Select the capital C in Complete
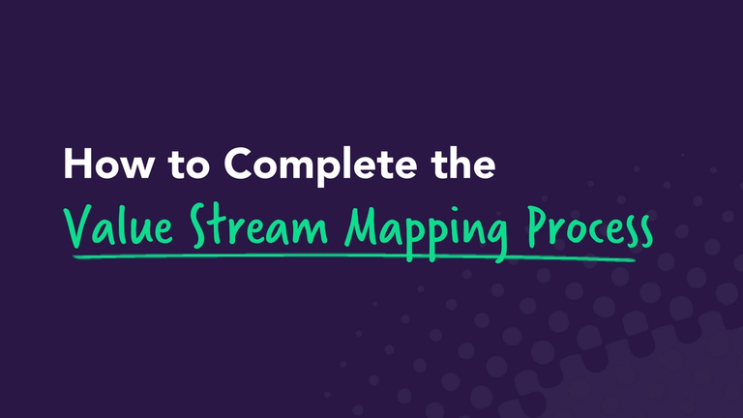click(x=239, y=165)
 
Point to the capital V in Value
click(x=75, y=225)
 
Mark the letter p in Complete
click(x=328, y=171)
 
